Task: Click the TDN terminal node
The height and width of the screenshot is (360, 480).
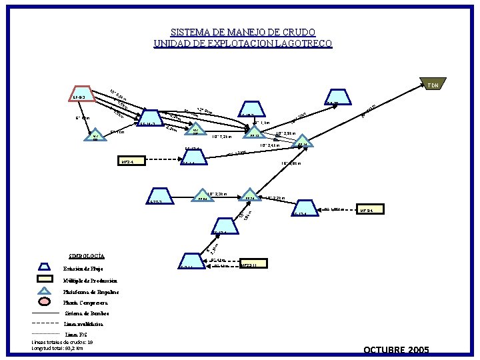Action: pyautogui.click(x=433, y=85)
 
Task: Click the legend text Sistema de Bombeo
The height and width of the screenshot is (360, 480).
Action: pyautogui.click(x=87, y=313)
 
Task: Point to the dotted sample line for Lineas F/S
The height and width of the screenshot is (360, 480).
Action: pyautogui.click(x=45, y=333)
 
